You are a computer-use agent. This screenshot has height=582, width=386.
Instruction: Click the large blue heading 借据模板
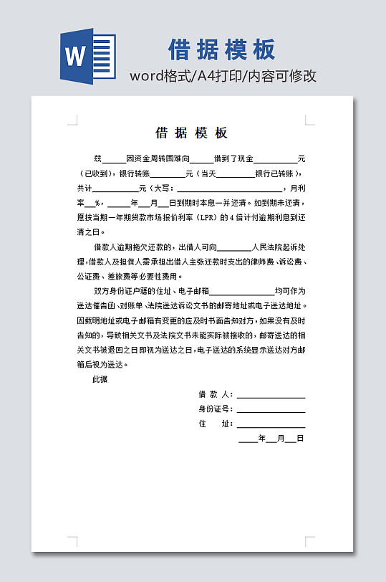tap(222, 49)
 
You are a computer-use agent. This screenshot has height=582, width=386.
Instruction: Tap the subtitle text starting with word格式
tap(223, 76)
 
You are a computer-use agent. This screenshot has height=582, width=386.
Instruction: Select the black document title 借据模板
tap(192, 133)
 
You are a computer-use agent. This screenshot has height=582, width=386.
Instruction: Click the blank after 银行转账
tap(167, 173)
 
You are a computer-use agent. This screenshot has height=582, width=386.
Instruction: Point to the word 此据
tap(100, 379)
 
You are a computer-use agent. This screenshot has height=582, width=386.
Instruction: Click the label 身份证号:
tap(216, 409)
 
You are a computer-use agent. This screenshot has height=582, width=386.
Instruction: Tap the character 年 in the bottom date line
tap(262, 439)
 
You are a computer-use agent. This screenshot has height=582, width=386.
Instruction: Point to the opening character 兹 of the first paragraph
tap(98, 158)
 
